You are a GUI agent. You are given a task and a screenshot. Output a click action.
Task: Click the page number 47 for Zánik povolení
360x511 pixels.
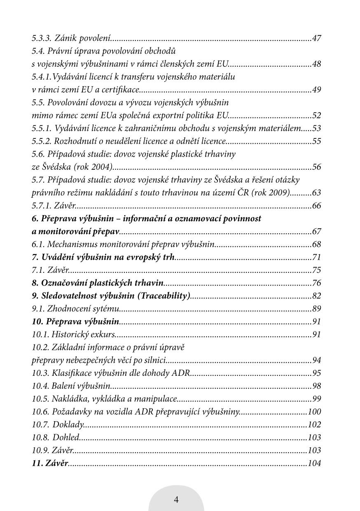316,39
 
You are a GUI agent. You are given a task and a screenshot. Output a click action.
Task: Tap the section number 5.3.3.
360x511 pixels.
41,39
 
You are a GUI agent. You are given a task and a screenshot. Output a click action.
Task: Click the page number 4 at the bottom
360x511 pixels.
176,500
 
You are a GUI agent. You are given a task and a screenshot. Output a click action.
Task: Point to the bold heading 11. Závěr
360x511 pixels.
50,463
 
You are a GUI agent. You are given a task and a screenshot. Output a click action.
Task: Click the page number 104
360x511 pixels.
314,463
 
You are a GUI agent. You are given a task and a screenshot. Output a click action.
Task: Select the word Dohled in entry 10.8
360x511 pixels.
66,437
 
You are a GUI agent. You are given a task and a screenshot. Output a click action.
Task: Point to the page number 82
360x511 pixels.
316,296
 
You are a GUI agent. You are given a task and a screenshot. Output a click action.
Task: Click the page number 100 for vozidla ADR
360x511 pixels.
314,412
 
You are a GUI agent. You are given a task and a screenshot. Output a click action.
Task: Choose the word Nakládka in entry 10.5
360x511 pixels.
67,399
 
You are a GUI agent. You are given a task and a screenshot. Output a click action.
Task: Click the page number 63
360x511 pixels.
316,193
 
